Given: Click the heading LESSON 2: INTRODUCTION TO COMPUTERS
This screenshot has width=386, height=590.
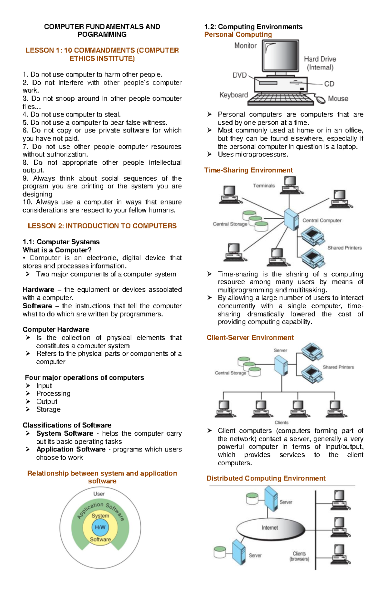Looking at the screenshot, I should (x=102, y=226).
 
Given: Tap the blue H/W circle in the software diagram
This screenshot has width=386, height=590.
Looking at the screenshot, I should (x=100, y=527).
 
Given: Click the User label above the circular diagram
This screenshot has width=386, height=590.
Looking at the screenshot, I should (x=99, y=494).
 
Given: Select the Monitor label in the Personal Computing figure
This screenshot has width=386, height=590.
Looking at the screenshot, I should (x=245, y=46).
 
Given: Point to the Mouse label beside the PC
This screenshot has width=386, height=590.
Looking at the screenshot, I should (x=338, y=99).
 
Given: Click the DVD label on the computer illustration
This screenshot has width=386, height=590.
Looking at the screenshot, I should (x=240, y=75).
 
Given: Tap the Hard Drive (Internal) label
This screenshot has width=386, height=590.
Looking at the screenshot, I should (x=320, y=63).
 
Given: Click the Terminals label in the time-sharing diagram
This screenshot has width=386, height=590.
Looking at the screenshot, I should (x=264, y=186).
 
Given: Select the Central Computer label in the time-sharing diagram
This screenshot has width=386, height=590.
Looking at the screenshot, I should (x=322, y=221).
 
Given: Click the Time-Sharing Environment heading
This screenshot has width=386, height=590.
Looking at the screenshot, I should (x=248, y=170).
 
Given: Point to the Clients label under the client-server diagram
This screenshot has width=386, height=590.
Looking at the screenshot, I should (x=281, y=422).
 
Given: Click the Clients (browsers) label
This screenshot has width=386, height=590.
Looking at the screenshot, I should (x=299, y=556).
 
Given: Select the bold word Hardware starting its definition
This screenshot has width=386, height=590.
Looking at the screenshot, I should (x=38, y=290).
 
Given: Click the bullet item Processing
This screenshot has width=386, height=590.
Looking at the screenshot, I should (x=53, y=394).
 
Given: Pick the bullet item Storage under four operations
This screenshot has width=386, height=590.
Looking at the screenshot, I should (x=48, y=409).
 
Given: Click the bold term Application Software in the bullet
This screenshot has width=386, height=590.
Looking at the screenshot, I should (x=71, y=449).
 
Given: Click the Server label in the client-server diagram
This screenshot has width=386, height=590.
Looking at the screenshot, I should (x=280, y=350).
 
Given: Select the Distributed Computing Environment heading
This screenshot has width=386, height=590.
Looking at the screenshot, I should (x=266, y=478).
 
